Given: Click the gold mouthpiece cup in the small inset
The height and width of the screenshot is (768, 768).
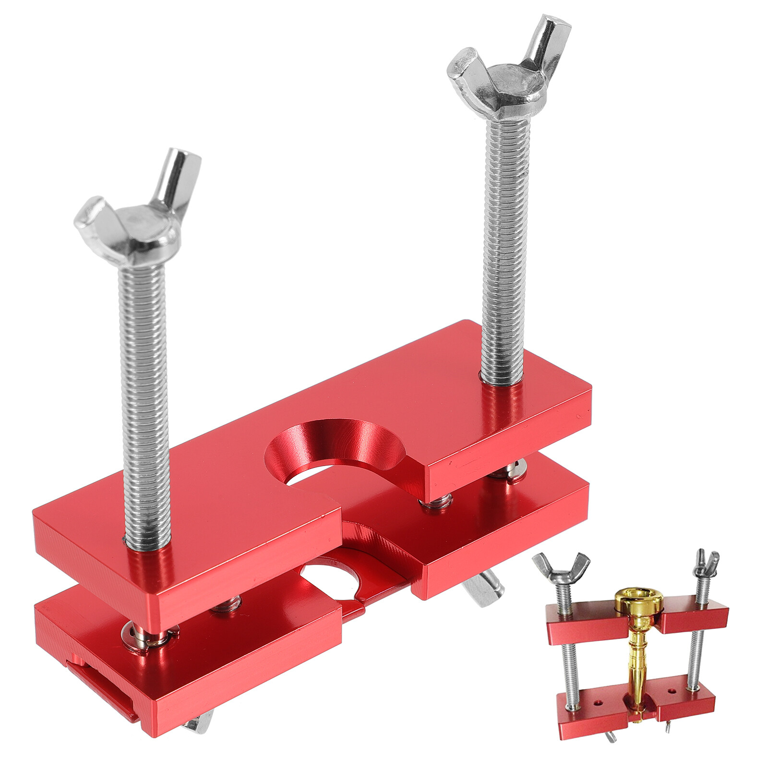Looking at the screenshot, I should (x=639, y=602).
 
